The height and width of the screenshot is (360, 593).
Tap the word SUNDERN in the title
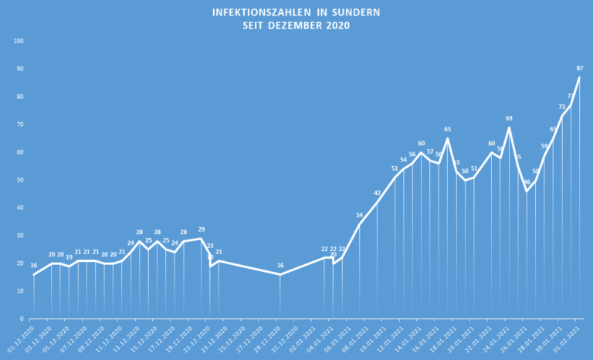point(354,13)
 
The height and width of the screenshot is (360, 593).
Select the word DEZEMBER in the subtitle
point(297,25)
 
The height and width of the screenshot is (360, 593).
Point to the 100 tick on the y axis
point(19,41)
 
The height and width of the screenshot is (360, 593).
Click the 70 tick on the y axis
point(19,124)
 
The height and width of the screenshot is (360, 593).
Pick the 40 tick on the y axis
point(19,208)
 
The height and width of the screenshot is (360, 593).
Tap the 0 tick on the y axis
point(22,318)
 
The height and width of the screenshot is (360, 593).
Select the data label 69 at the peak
point(509,118)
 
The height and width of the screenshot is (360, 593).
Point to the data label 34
point(359,215)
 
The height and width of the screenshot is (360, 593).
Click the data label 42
point(378,192)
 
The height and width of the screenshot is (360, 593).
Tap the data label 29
point(202,229)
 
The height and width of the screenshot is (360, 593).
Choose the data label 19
point(69,257)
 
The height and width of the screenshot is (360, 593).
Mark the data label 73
point(562,107)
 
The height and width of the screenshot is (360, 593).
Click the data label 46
point(527,182)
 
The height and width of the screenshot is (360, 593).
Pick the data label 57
point(430,152)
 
